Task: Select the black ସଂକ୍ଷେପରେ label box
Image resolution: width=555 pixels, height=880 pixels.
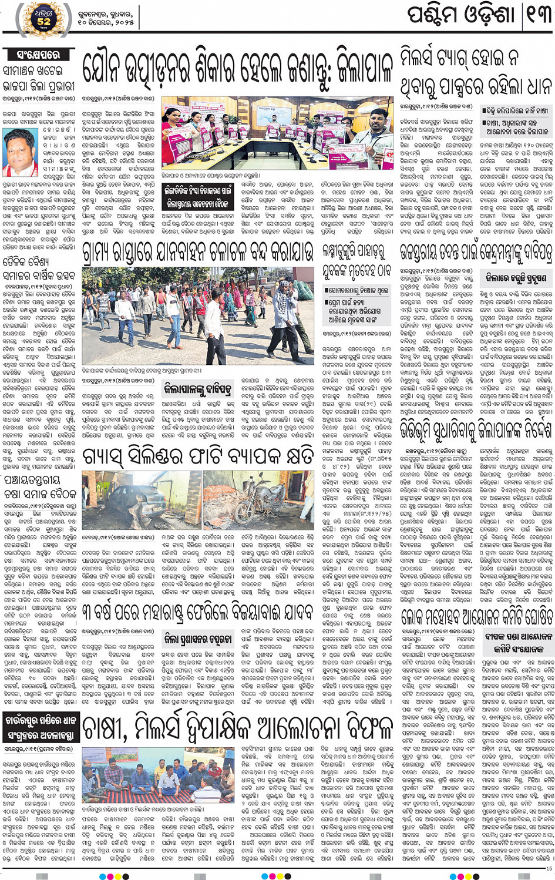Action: [x=39, y=55]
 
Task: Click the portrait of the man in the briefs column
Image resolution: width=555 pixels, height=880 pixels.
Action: [x=20, y=153]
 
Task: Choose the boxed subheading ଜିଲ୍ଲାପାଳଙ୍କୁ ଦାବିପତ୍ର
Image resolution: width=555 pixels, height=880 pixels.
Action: [x=197, y=388]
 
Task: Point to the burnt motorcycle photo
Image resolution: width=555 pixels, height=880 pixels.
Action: [x=258, y=499]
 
